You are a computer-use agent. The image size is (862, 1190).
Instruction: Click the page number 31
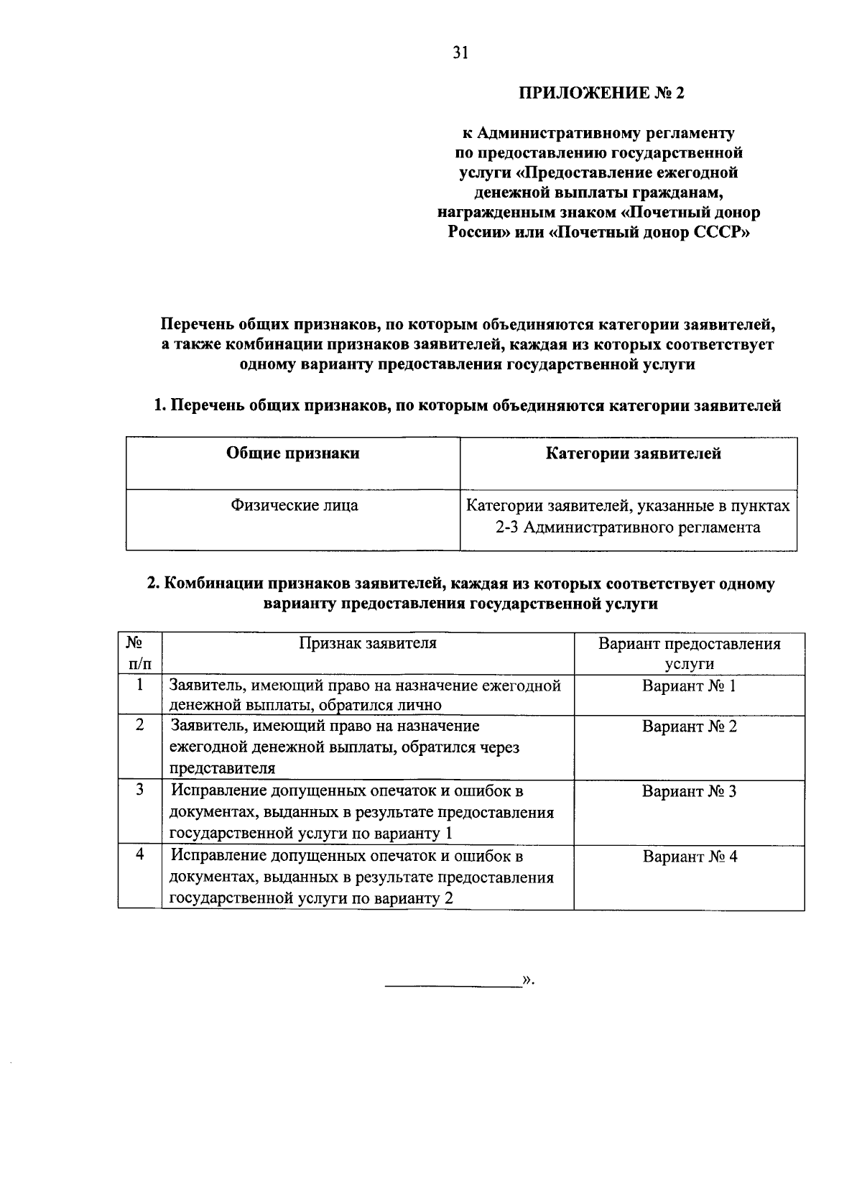(x=460, y=52)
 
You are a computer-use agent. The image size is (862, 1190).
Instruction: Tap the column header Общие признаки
(x=293, y=453)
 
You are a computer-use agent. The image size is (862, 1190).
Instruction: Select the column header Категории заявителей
(x=629, y=453)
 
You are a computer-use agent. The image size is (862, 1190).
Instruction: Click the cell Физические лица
(x=293, y=505)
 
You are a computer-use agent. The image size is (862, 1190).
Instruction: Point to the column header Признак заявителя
(x=368, y=643)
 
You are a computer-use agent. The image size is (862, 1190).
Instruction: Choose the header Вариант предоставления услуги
(x=689, y=653)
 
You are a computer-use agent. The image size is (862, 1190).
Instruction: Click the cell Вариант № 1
(x=689, y=686)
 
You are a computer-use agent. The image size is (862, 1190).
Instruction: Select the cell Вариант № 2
(x=689, y=727)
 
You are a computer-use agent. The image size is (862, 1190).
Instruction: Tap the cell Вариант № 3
(x=689, y=792)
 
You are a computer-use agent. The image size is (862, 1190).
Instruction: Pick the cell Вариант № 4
(x=689, y=857)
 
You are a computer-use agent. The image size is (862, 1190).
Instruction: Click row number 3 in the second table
(x=140, y=790)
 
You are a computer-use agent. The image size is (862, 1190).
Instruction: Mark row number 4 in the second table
(x=140, y=855)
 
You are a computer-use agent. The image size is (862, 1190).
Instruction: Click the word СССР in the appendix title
(x=722, y=233)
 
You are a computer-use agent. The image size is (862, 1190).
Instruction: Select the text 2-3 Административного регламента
(x=628, y=528)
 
